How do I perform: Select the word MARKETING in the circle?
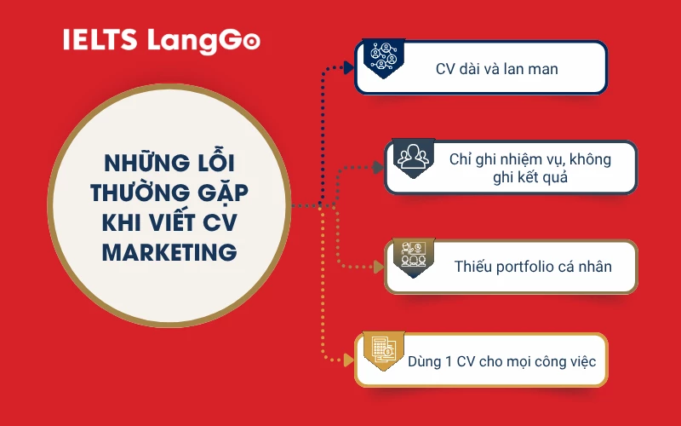pyautogui.click(x=169, y=252)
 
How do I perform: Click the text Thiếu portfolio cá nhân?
pyautogui.click(x=533, y=266)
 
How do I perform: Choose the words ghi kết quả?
pyautogui.click(x=529, y=178)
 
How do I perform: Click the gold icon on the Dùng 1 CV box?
pyautogui.click(x=381, y=348)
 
